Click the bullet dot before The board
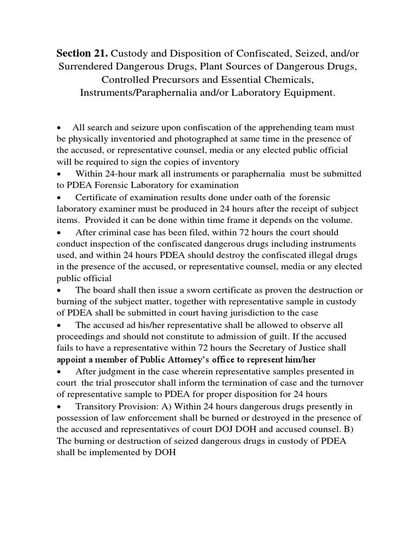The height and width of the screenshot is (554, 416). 59,290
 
